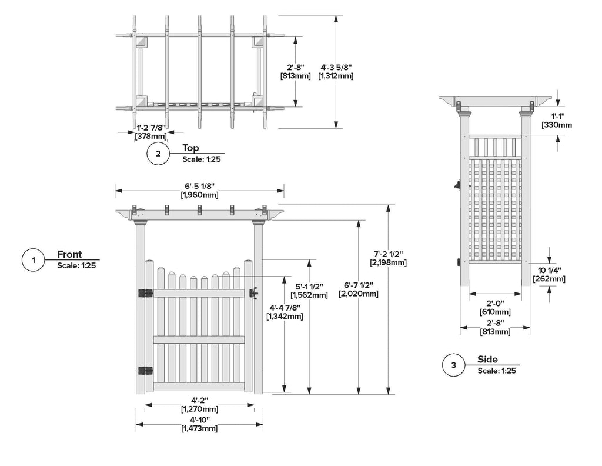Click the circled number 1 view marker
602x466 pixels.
click(34, 260)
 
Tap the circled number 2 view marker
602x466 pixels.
click(158, 154)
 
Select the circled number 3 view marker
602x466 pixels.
click(453, 365)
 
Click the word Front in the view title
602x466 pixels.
click(69, 255)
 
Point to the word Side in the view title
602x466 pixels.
click(487, 360)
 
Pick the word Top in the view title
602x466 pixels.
click(191, 148)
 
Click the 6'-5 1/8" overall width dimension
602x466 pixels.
click(200, 185)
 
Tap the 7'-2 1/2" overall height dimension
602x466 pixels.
click(388, 254)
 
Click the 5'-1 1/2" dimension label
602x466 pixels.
click(309, 287)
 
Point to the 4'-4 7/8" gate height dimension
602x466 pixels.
click(285, 307)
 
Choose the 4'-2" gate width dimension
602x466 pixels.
click(200, 400)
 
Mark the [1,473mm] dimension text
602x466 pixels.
click(200, 428)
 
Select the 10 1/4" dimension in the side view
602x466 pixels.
click(549, 270)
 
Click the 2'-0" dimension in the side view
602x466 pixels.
click(495, 304)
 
